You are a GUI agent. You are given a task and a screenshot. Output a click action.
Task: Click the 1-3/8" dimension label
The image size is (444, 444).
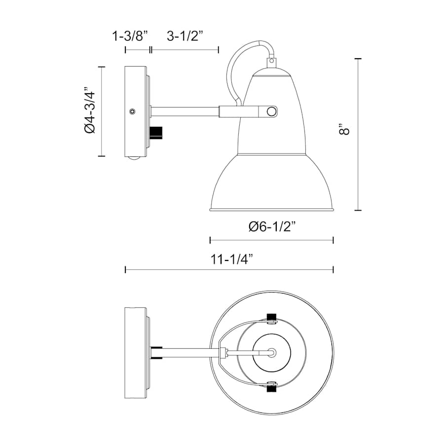click(130, 36)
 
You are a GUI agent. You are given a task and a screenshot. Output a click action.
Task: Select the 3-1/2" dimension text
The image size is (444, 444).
click(185, 36)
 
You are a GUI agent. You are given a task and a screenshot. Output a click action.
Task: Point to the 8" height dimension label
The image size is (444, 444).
click(344, 129)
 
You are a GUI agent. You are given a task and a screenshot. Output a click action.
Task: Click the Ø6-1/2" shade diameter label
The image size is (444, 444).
click(272, 226)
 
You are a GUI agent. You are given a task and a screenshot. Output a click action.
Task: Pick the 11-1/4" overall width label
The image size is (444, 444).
click(231, 259)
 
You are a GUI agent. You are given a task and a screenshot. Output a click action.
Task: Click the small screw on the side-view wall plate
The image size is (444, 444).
click(132, 111)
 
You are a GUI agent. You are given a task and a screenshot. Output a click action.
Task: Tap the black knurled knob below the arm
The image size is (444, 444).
click(156, 133)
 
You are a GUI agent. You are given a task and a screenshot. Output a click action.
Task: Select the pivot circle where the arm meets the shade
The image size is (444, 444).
click(271, 111)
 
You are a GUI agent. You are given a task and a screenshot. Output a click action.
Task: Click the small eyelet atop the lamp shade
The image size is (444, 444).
click(271, 61)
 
